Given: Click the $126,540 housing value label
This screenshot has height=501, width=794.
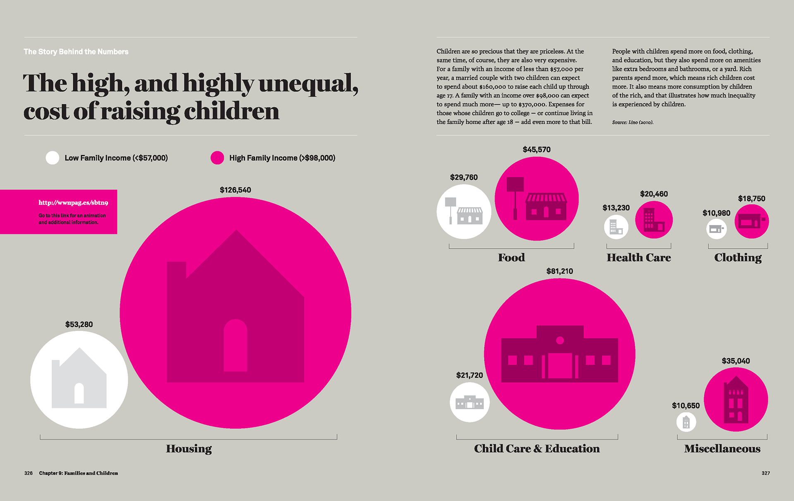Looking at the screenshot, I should tap(235, 190).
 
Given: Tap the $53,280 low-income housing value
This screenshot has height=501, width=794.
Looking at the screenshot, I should tap(79, 324).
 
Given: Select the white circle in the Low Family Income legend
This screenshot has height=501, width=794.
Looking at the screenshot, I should tap(53, 158).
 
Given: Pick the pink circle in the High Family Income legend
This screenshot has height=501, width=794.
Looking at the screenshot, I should tap(217, 158).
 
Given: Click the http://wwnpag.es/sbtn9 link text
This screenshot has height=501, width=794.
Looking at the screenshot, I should tap(73, 202).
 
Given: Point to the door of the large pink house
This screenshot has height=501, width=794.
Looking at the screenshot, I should tap(235, 345).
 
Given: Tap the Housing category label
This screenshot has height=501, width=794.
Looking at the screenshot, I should tap(189, 448).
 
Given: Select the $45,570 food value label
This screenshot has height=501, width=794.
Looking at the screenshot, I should tap(536, 149).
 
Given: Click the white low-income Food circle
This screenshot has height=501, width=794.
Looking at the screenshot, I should tap(464, 211).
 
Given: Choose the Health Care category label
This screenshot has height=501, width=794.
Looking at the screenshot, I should tap(639, 257).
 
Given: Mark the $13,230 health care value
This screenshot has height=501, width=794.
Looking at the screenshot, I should tap(616, 208).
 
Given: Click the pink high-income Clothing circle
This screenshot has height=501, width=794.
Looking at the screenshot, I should tap(751, 221).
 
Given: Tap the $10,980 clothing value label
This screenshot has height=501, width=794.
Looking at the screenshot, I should tap(716, 213).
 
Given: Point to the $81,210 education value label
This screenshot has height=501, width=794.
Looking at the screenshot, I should tap(560, 271).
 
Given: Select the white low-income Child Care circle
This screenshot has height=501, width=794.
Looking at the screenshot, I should tap(469, 402).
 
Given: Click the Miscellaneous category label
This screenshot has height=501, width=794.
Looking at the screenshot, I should tap(722, 448).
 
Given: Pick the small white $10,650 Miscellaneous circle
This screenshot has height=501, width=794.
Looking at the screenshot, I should tap(686, 422).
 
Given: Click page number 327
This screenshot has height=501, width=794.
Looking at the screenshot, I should tap(765, 473).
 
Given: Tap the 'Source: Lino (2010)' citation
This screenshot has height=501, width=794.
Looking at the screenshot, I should tap(633, 122).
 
